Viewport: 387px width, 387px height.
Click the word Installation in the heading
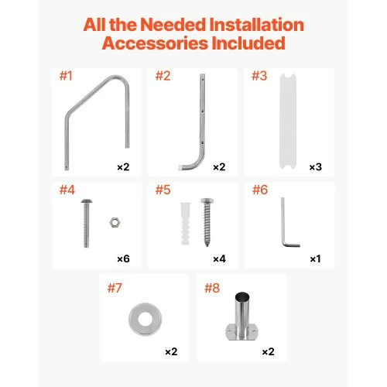pos(256,25)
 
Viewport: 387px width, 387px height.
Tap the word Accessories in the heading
pos(155,43)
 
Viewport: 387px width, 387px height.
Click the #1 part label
pos(66,76)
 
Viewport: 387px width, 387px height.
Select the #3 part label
pos(259,76)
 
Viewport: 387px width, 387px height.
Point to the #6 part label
pos(260,190)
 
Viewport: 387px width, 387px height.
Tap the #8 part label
pos(212,288)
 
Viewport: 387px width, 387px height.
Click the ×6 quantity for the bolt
pos(123,259)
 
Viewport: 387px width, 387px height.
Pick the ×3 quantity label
pos(316,167)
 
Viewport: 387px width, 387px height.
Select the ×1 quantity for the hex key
pos(315,259)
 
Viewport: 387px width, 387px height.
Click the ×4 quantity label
pos(219,259)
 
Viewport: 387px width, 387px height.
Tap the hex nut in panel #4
pos(114,222)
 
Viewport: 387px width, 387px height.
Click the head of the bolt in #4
pos(87,201)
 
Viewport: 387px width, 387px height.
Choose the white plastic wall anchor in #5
pos(186,224)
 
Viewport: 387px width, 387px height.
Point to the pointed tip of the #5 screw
pos(207,245)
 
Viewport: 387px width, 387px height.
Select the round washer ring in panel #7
pos(134,320)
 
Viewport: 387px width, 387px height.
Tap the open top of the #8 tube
pos(242,295)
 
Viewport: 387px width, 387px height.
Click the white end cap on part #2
pos(180,167)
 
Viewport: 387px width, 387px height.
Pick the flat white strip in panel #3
pos(288,122)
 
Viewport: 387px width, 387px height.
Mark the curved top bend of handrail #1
pos(118,77)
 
